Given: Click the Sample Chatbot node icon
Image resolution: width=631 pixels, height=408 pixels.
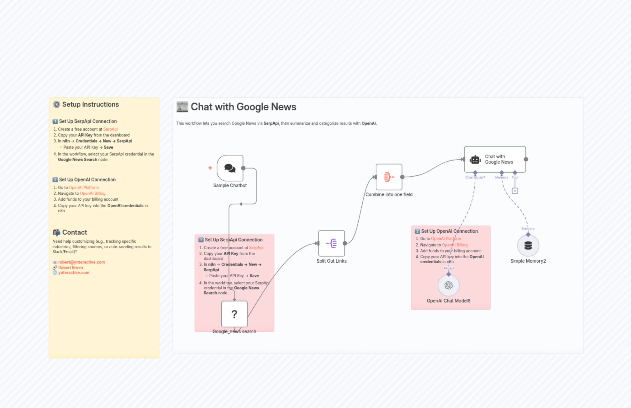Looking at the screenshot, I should (230, 168).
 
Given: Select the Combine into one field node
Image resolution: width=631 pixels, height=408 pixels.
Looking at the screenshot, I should (389, 177).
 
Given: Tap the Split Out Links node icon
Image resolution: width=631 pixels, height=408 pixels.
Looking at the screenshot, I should (331, 243).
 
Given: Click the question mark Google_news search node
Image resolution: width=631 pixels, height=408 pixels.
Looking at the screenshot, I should (234, 314).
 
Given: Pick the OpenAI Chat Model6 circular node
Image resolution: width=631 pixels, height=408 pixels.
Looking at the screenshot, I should (448, 285).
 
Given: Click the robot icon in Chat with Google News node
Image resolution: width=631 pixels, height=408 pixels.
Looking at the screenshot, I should (475, 160).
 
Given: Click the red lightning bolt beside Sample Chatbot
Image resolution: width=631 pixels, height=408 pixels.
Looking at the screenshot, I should (210, 168).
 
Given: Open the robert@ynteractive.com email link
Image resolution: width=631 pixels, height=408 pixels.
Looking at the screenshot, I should (82, 262).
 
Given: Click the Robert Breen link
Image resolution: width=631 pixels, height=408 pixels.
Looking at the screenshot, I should (70, 267).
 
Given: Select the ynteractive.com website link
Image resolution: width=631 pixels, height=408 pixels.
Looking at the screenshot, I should (74, 272).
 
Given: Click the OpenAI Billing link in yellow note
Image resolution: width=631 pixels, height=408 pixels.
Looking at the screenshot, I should (92, 193).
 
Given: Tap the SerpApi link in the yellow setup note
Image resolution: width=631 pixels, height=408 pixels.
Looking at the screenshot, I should (110, 129).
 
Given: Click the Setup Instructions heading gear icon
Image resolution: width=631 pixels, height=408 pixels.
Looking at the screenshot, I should (56, 104).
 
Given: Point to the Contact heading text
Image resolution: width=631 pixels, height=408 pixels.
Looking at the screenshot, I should (74, 232).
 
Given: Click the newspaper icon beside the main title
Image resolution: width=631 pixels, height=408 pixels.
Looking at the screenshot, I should (182, 107).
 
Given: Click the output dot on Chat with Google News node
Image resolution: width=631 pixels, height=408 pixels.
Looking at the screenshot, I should (526, 159).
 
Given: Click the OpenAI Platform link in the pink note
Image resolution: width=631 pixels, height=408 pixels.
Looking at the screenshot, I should (446, 238).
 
